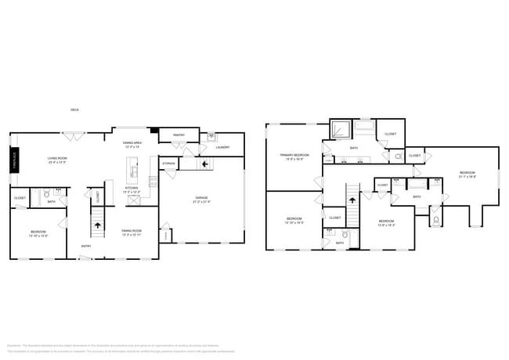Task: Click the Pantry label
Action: tap(178, 135)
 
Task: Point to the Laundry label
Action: tap(222, 147)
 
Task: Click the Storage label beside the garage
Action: tap(169, 164)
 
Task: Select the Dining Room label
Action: tap(131, 232)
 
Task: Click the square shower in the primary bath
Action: tap(341, 131)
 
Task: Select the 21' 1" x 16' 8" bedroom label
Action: tap(467, 175)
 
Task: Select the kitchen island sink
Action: tap(134, 167)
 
